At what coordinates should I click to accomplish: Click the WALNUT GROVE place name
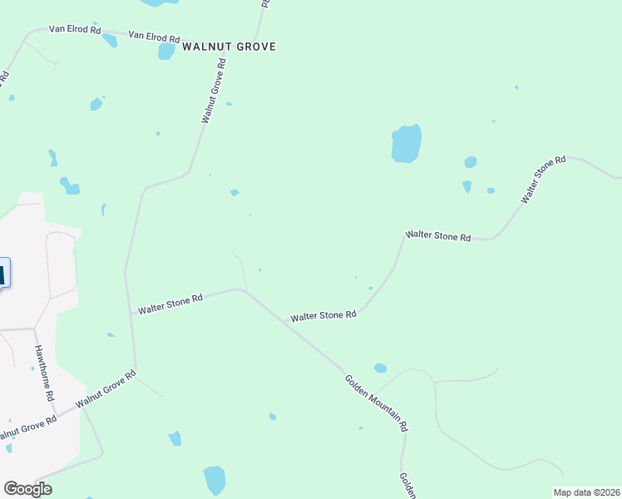pos(229,47)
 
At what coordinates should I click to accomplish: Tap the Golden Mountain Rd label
pos(377,403)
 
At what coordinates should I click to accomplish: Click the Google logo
pos(27,489)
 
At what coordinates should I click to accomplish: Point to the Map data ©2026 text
pos(586,492)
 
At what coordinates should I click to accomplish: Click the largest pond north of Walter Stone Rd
pos(406,144)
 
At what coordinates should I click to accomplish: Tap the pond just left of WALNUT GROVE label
pos(166,52)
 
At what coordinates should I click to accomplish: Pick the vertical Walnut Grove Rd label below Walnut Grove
pos(214,91)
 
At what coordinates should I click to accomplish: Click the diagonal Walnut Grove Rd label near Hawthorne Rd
pos(106,389)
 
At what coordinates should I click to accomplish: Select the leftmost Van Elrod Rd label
pos(74,30)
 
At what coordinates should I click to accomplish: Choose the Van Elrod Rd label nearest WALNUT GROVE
pos(154,38)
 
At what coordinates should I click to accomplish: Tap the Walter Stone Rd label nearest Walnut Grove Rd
pos(170,304)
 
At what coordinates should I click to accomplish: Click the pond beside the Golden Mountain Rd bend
pos(380,368)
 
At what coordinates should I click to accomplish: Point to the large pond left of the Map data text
pos(214,480)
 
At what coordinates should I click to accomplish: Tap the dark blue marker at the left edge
pos(2,273)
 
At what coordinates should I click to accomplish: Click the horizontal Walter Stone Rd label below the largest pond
pos(437,236)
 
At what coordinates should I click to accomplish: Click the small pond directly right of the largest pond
pos(471,162)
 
